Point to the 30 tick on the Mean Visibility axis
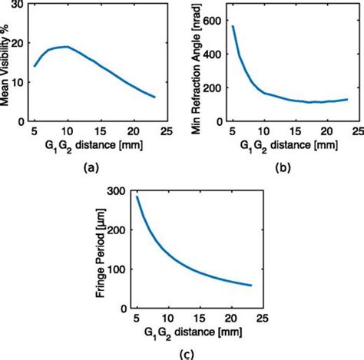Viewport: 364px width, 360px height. [x=17, y=6]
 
